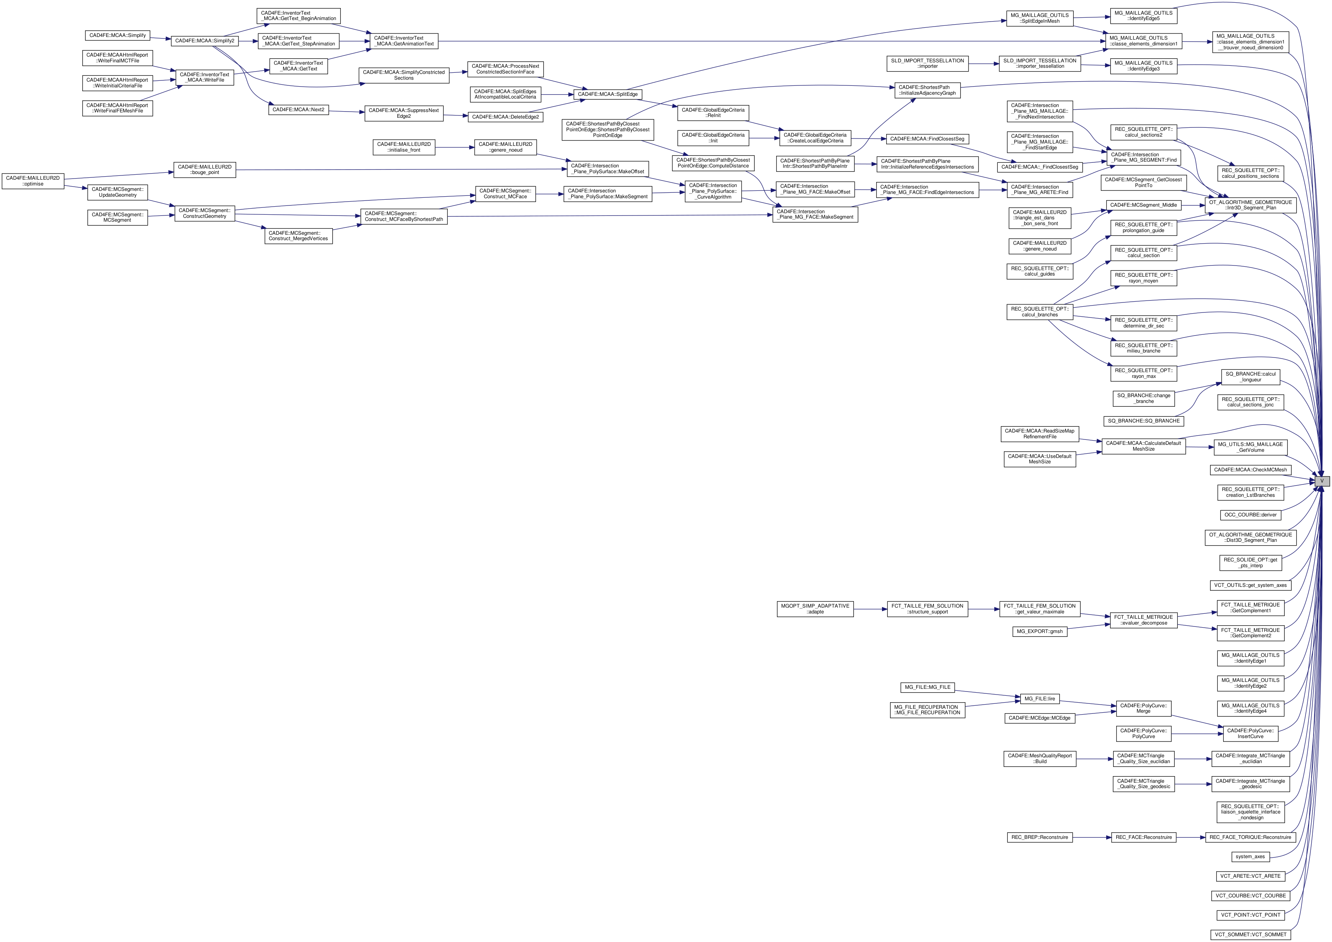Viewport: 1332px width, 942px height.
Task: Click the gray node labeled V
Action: click(1322, 481)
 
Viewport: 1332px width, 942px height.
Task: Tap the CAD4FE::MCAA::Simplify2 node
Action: click(205, 41)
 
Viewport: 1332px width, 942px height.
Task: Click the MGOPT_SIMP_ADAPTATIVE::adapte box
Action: click(815, 609)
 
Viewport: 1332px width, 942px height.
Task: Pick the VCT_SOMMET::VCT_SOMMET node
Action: click(1250, 934)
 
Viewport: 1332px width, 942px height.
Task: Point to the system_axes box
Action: click(1250, 857)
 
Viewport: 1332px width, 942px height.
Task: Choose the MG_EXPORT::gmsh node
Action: click(1040, 631)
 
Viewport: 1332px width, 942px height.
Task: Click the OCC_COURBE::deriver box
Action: click(1250, 515)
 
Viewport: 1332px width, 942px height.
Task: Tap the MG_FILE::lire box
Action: click(1040, 699)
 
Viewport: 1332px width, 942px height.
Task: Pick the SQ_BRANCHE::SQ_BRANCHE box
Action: click(1144, 421)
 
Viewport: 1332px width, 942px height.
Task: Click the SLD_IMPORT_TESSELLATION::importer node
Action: click(928, 63)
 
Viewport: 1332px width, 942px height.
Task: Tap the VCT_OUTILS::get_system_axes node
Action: click(1250, 585)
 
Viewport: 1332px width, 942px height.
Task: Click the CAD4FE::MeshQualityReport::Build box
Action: click(1040, 758)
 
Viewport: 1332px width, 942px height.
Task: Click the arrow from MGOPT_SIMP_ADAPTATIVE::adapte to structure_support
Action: click(870, 609)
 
